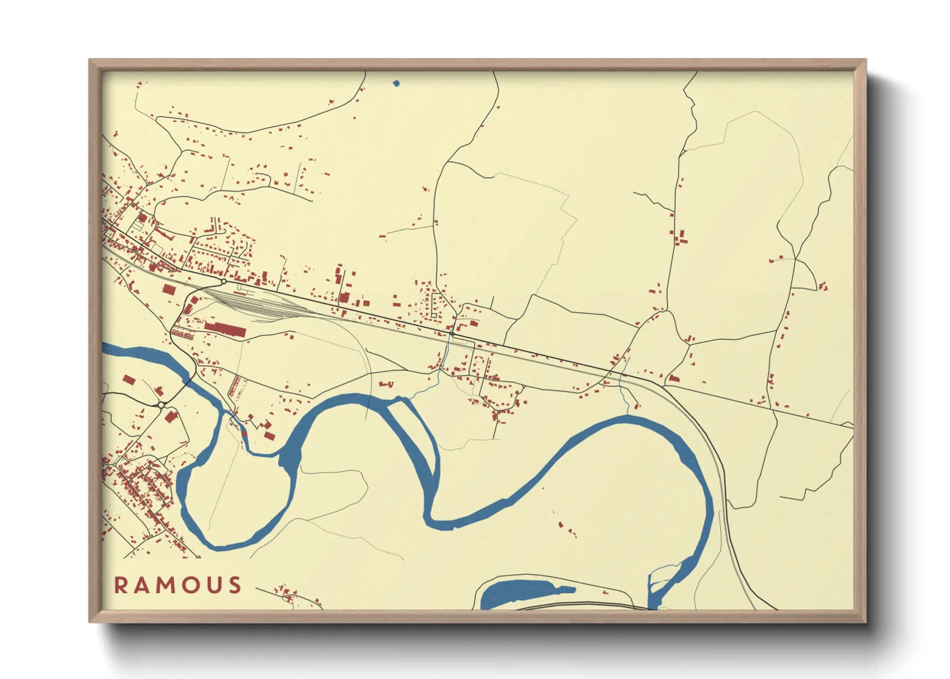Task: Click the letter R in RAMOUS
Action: (x=121, y=585)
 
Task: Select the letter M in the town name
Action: (x=166, y=585)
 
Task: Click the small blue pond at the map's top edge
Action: (x=395, y=83)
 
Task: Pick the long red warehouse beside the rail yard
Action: (x=225, y=330)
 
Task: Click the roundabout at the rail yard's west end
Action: (x=223, y=281)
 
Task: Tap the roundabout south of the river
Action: (x=161, y=405)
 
